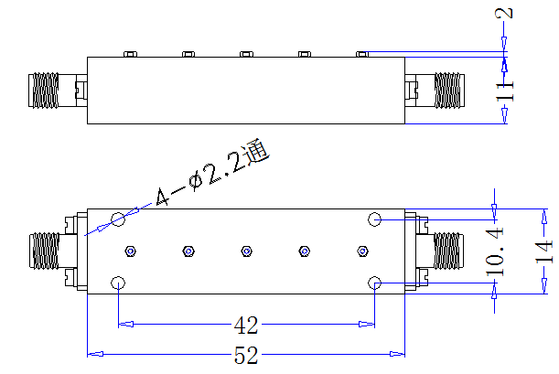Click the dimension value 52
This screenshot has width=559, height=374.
[x=246, y=355]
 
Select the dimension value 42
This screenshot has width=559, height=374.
[x=246, y=325]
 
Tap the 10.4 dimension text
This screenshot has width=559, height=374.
[x=495, y=251]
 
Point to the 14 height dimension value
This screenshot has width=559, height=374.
[x=544, y=251]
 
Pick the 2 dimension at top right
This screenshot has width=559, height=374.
[x=504, y=13]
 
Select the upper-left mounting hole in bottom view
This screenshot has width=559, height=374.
[x=118, y=219]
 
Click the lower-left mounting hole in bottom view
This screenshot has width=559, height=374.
[x=118, y=283]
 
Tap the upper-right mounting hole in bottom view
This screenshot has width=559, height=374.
[x=375, y=219]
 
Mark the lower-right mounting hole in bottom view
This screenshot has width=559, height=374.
[x=375, y=283]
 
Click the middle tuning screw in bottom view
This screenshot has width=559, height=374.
[x=246, y=251]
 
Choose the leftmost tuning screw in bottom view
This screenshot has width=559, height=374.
[x=131, y=251]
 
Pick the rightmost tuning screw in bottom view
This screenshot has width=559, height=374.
[x=362, y=251]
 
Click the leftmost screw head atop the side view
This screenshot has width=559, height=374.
[x=131, y=54]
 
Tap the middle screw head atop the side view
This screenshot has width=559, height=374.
[x=246, y=54]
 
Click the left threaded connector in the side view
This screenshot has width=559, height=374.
[x=44, y=91]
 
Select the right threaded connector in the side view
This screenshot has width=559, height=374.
[x=449, y=91]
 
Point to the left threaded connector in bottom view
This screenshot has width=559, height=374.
[x=44, y=251]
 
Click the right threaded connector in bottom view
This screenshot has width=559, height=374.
[x=448, y=251]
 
